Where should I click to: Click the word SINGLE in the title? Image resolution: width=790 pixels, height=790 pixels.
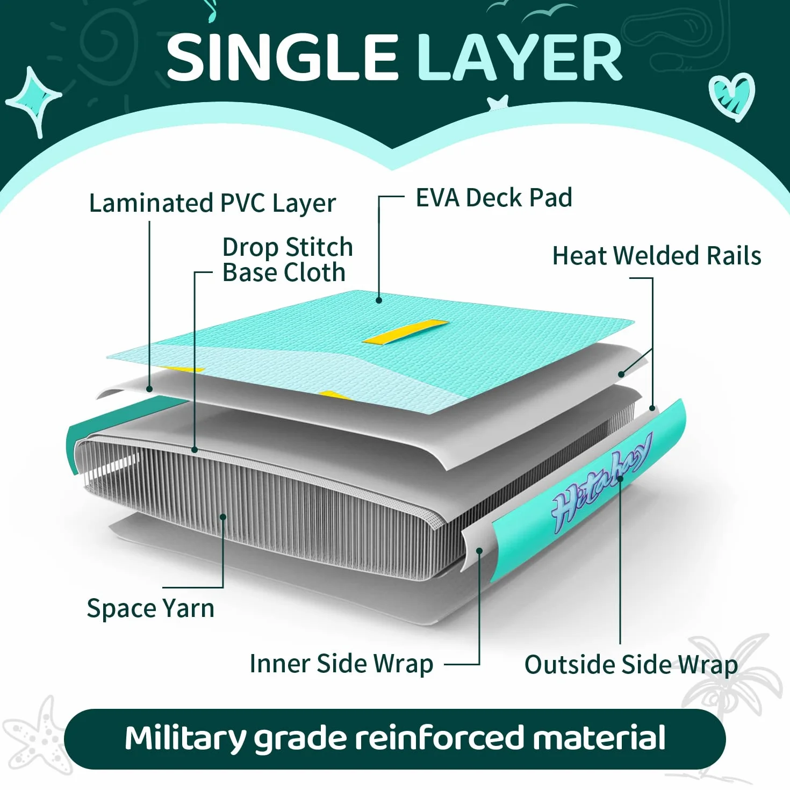(x=283, y=58)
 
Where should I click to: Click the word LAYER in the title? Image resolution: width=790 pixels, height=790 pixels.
(x=520, y=58)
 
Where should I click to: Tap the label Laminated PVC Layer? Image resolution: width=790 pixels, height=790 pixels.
(x=212, y=204)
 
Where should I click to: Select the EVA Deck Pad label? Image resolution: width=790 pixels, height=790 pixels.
(x=494, y=198)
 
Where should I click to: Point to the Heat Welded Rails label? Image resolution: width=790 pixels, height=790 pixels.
(x=657, y=256)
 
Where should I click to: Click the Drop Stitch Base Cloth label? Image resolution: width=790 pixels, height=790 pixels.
(x=288, y=260)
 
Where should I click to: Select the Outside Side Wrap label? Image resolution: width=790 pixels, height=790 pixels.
(x=631, y=664)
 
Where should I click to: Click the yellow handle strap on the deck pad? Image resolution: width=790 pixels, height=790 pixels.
(x=405, y=332)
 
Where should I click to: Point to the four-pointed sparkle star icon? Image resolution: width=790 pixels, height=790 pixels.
(x=34, y=101)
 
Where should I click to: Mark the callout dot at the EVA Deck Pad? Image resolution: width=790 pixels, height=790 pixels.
(x=379, y=300)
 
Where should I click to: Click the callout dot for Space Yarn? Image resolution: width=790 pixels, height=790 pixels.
(x=223, y=516)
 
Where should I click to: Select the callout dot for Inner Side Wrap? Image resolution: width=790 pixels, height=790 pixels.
(x=479, y=550)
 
